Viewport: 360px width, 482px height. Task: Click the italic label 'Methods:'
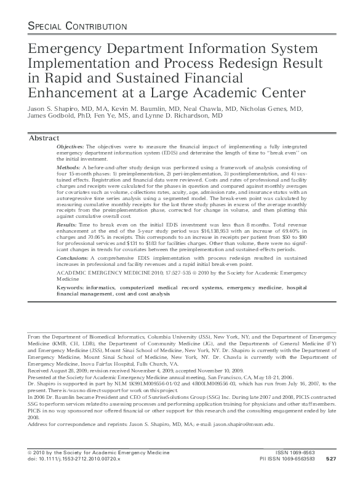tap(68, 167)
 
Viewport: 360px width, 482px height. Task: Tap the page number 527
tap(330, 476)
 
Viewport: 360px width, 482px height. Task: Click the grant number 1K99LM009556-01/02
tap(143, 382)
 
